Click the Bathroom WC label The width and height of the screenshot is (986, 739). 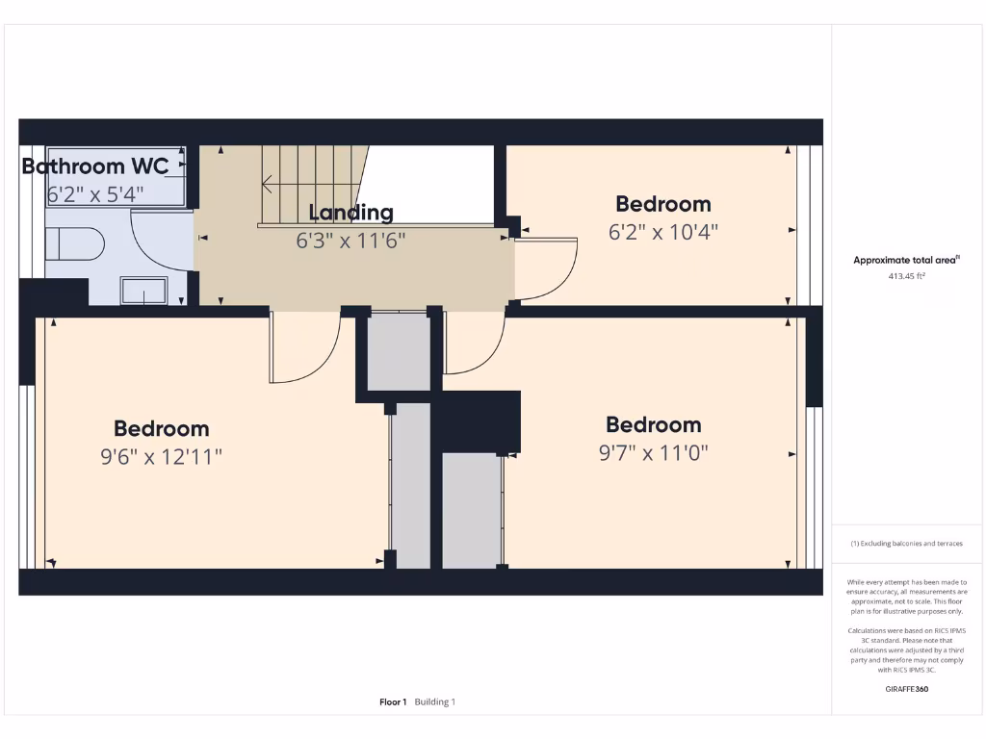point(94,166)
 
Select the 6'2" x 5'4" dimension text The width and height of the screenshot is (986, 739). point(94,194)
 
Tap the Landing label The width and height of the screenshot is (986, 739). point(350,213)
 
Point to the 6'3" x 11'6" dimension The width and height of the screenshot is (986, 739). point(350,241)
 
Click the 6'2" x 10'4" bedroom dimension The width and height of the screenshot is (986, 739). point(663,232)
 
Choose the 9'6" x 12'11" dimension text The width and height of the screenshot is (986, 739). point(161,457)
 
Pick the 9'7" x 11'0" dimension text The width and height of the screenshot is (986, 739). point(653,452)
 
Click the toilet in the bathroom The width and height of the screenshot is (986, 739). point(75,244)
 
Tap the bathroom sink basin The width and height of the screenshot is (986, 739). point(143,291)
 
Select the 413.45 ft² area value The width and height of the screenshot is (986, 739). point(905,276)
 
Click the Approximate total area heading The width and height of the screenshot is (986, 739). point(905,260)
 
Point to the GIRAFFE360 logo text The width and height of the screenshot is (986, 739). point(905,689)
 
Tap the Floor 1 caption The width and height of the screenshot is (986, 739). point(393,702)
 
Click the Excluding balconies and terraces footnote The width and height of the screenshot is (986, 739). point(905,544)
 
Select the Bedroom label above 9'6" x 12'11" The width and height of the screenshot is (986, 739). point(161,429)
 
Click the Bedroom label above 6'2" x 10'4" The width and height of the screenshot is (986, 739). point(663,204)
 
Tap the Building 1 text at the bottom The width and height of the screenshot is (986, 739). point(435,702)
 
